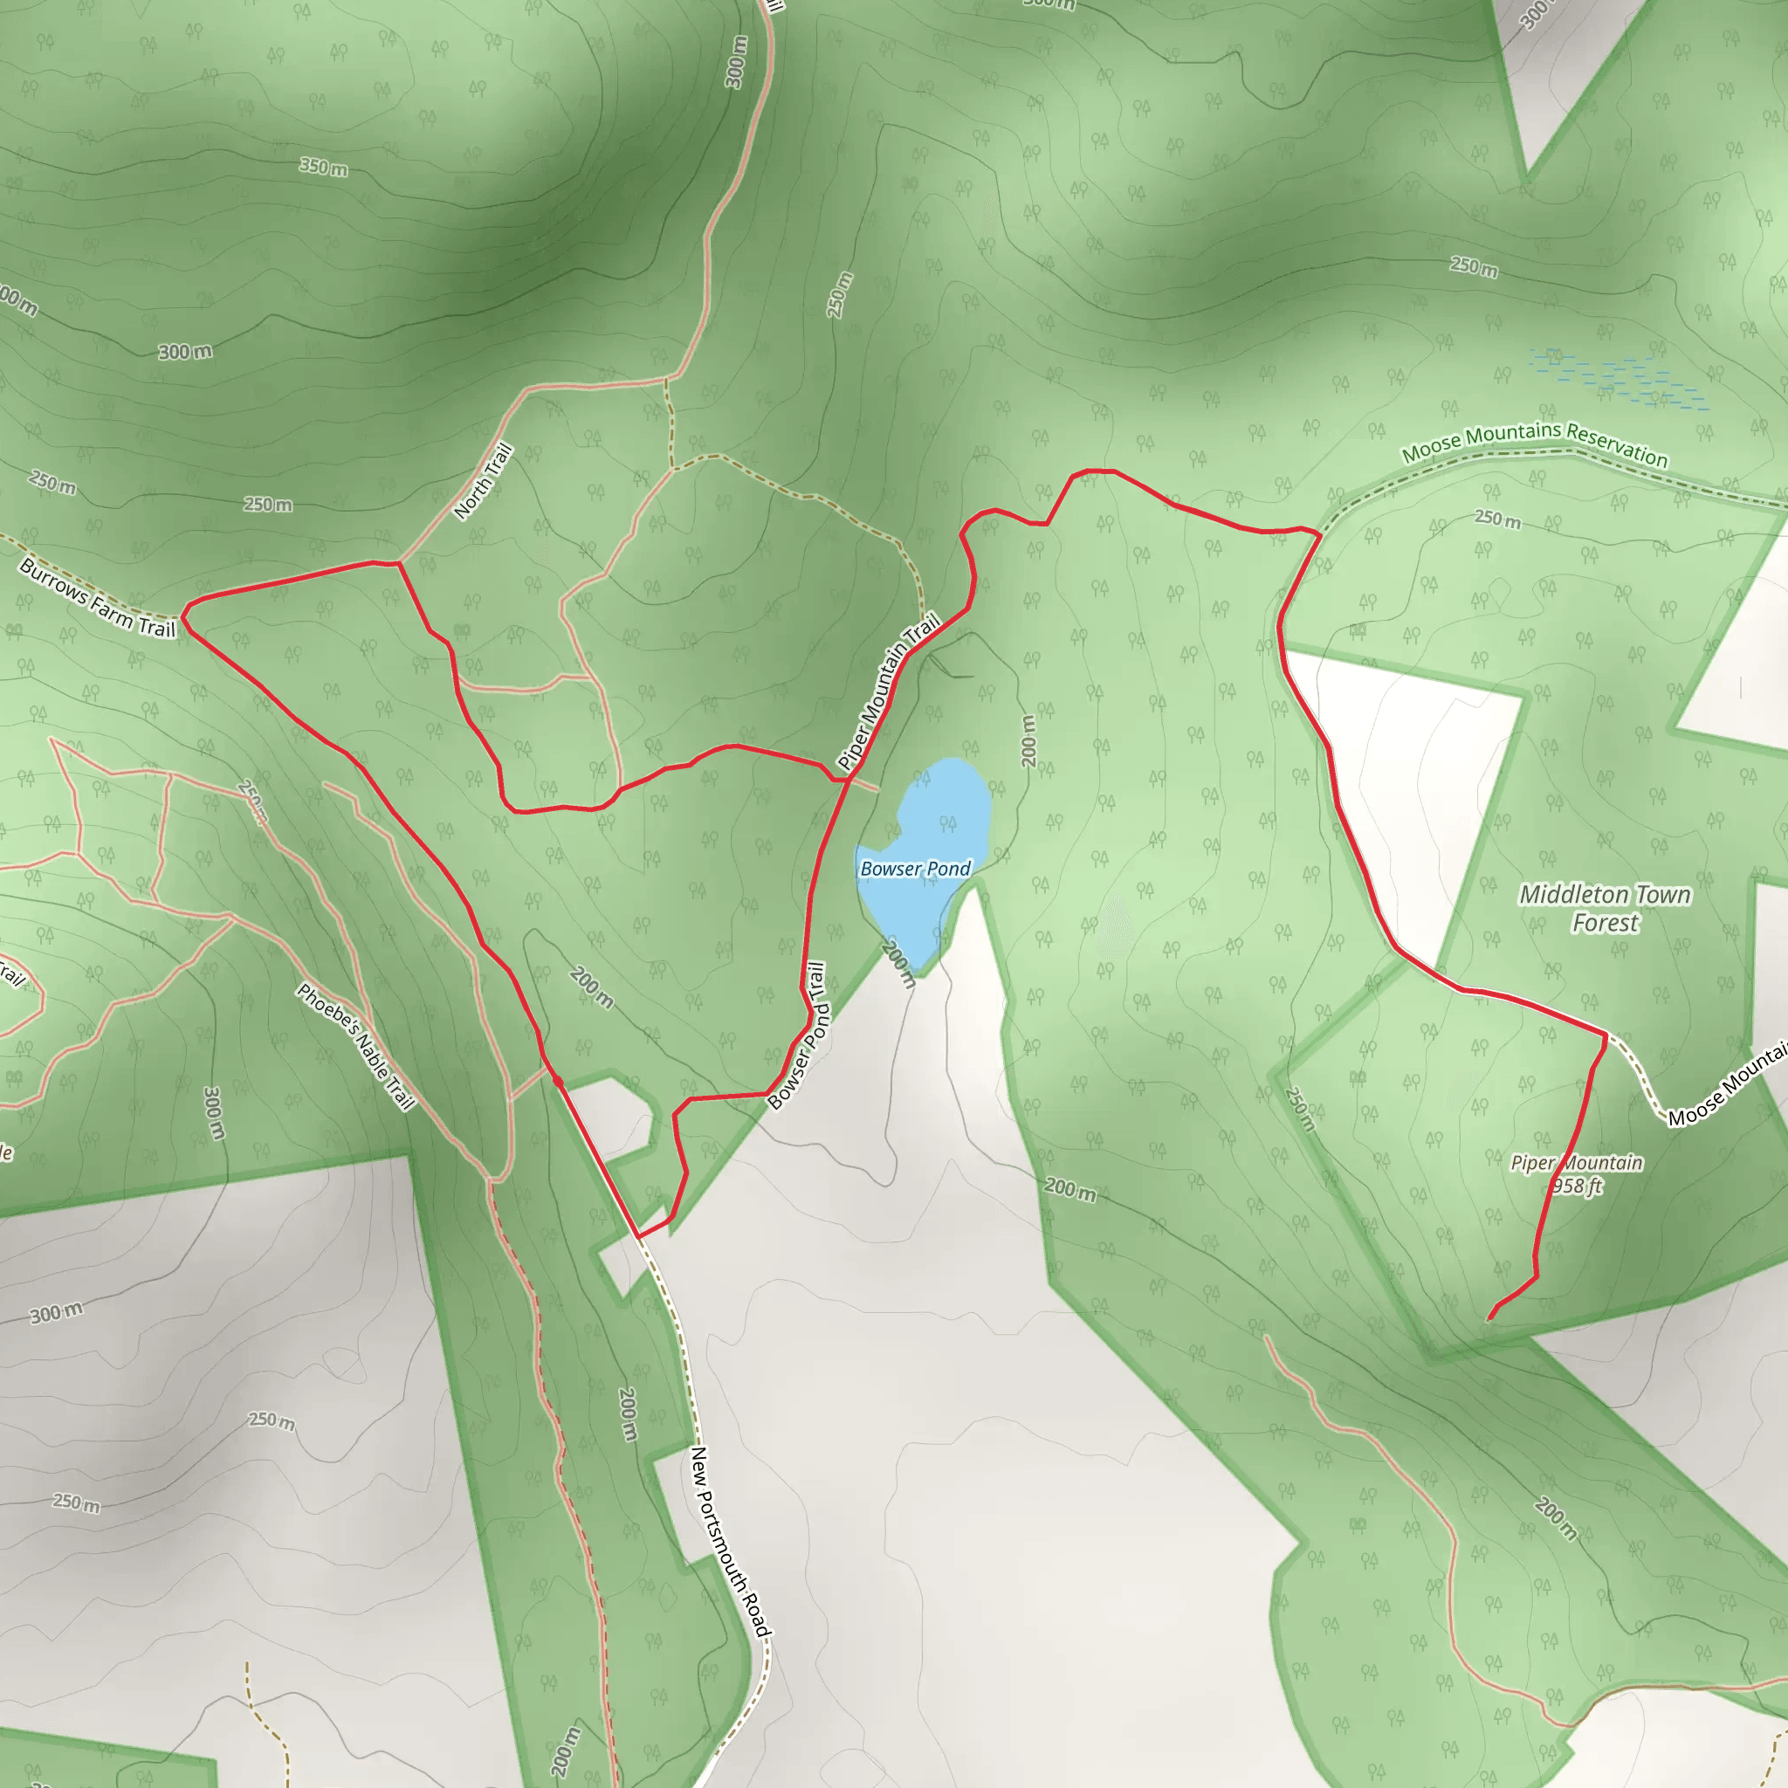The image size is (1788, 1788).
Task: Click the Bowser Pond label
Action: tap(914, 868)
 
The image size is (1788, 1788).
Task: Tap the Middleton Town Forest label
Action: tap(1605, 908)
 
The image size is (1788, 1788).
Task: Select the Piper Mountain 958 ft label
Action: tap(1576, 1173)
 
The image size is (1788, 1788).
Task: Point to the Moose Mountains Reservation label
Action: tap(1535, 444)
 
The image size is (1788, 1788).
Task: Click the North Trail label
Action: tap(483, 481)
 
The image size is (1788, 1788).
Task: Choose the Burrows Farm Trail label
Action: tap(97, 598)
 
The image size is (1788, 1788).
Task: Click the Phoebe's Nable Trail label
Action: tap(355, 1046)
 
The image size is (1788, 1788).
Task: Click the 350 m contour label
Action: tap(324, 168)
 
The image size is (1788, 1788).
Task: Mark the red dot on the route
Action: tap(557, 1080)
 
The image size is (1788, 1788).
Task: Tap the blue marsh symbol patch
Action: tap(1620, 379)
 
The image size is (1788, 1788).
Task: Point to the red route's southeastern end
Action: tap(1489, 1317)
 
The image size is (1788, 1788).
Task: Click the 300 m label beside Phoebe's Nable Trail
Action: tap(213, 1113)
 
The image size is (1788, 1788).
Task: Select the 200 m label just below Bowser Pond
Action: tap(897, 965)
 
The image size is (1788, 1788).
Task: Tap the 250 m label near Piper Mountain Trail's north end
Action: tap(839, 295)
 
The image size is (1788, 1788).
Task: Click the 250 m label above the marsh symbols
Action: tap(1474, 266)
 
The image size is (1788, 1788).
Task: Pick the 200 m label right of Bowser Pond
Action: tap(1028, 740)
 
